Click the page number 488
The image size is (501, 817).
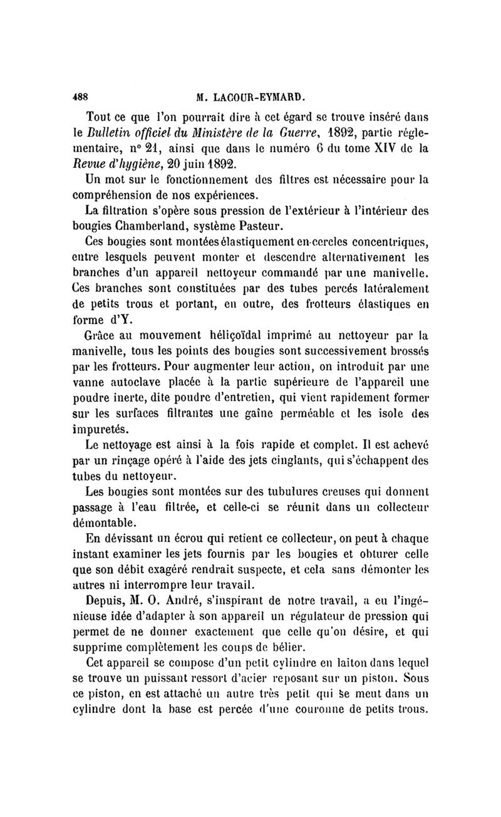click(x=80, y=97)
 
